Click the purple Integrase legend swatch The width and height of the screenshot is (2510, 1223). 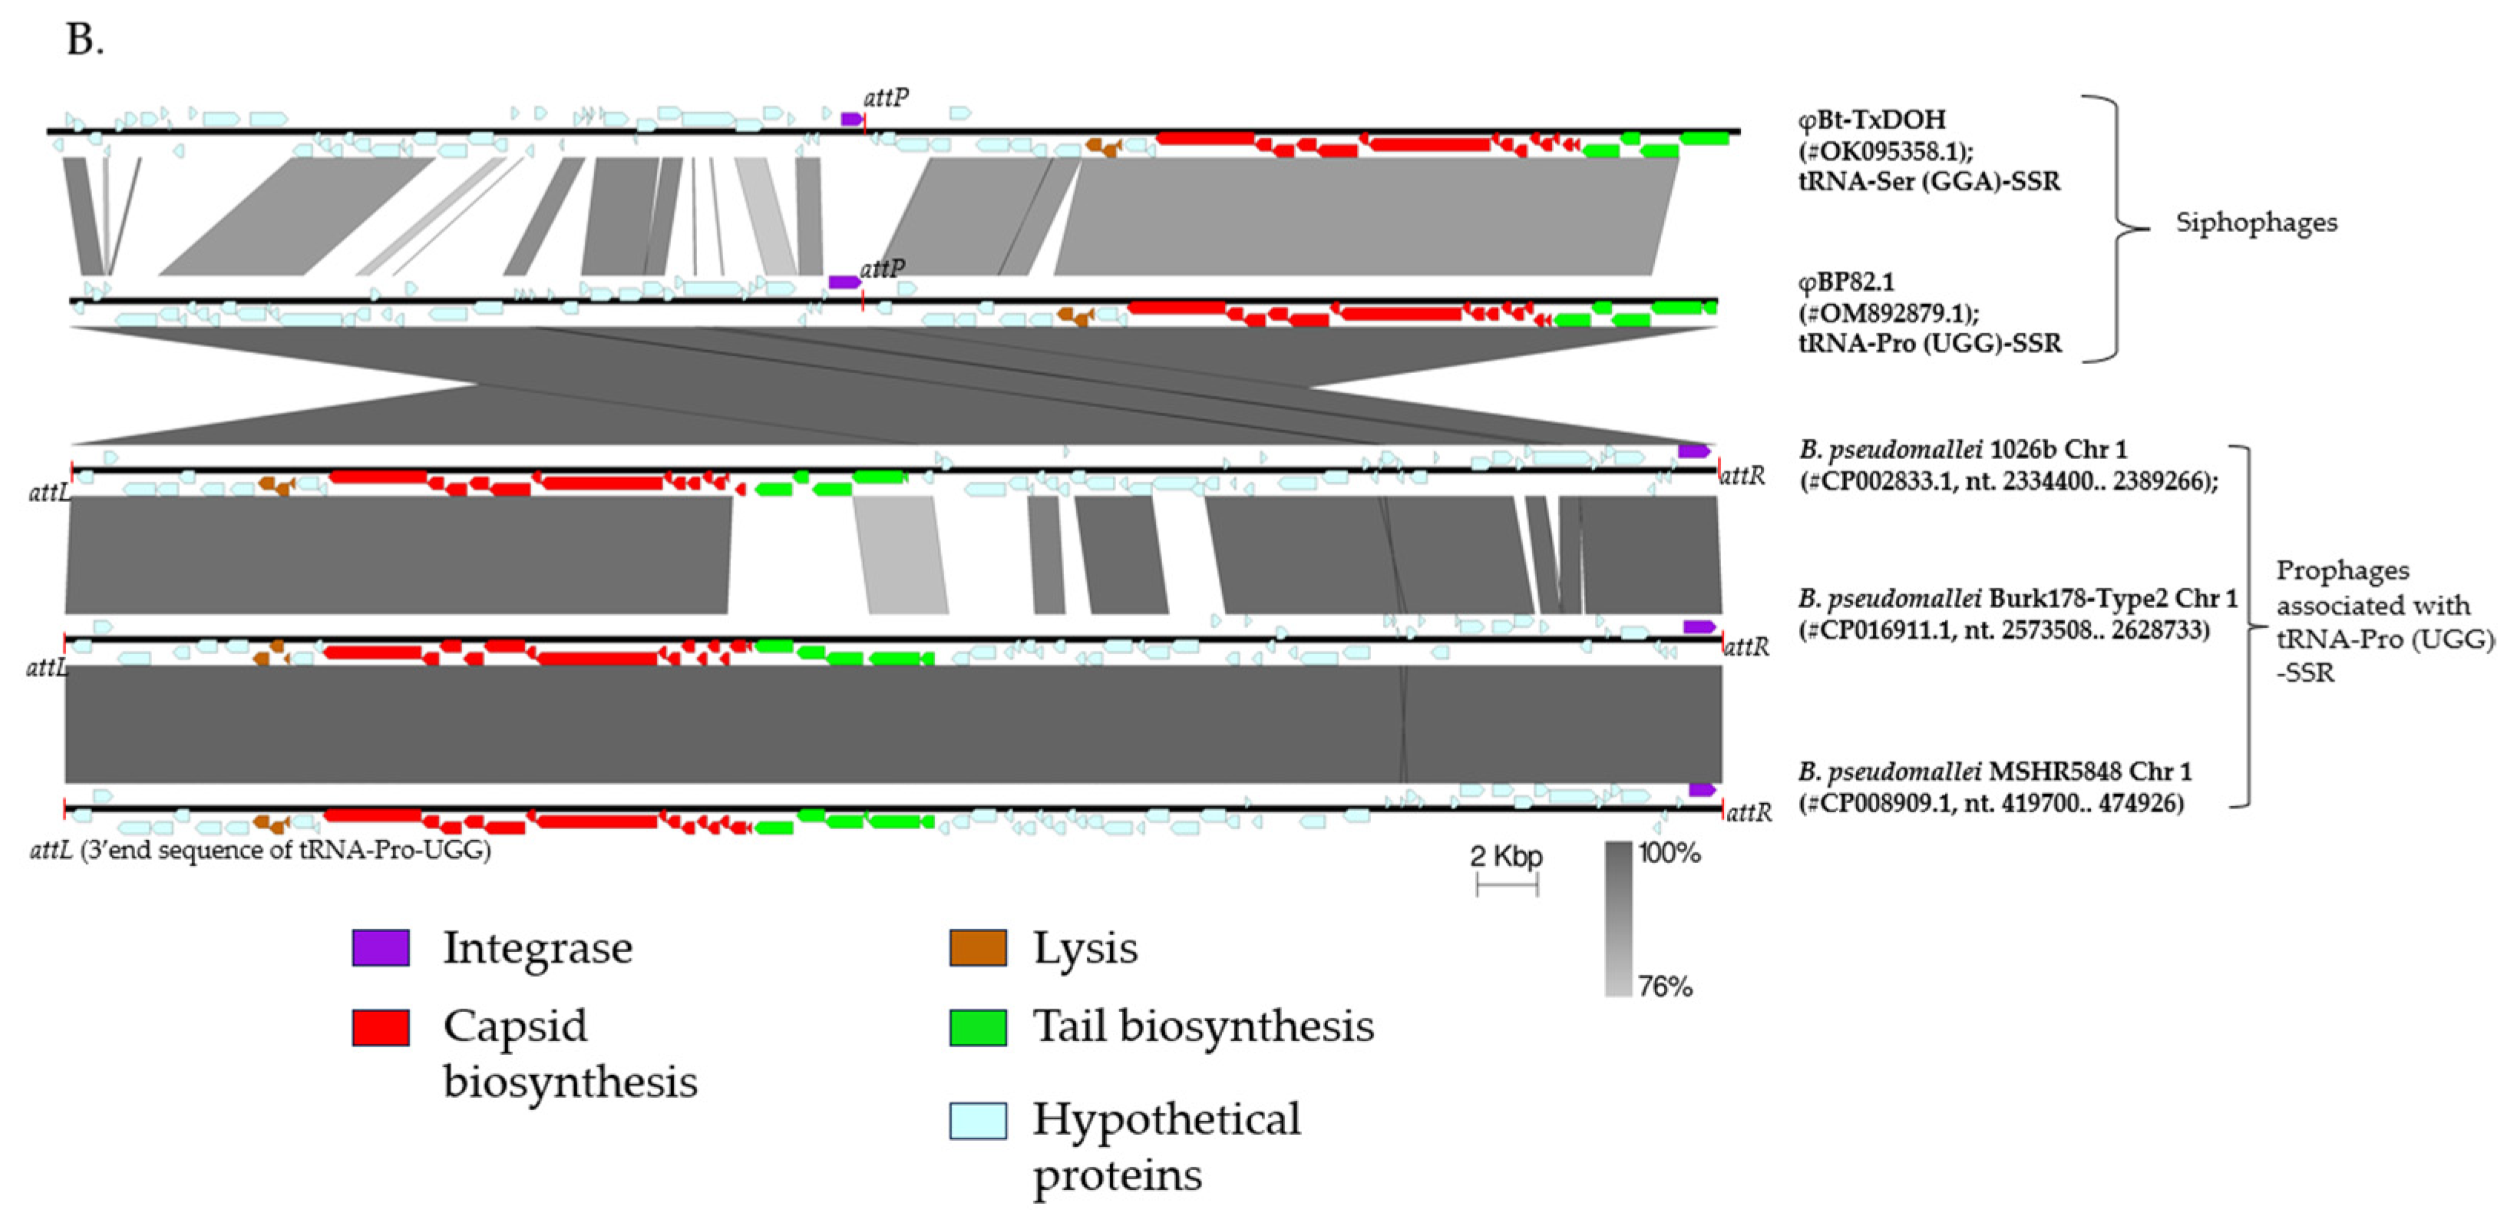[380, 947]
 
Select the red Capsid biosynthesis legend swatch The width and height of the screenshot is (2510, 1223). [380, 1027]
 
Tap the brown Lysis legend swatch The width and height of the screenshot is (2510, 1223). [977, 947]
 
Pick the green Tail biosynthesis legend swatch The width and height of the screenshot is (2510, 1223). [977, 1027]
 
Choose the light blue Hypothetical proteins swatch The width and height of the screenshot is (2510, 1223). [977, 1119]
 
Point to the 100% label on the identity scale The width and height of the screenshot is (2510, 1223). [1669, 854]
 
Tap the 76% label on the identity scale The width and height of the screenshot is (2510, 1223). [1665, 987]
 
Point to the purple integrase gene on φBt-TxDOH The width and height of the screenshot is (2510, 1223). [851, 119]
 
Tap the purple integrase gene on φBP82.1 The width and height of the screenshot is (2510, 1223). [844, 283]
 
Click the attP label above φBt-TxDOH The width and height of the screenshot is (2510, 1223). [886, 98]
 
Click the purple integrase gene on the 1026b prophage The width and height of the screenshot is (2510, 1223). [1693, 451]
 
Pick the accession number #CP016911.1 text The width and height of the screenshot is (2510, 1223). [1880, 630]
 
